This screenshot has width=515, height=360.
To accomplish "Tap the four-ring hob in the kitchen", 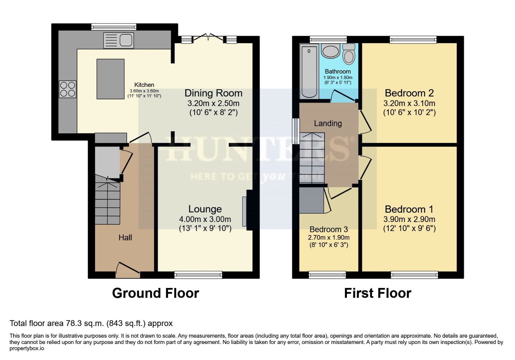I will pos(68,89).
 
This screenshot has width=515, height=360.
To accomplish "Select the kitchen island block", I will pos(110,79).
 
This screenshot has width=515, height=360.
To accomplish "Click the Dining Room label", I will pos(213,93).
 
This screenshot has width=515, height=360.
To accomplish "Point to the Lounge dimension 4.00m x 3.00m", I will pos(205,219).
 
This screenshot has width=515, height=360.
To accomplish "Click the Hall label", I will pos(125,238).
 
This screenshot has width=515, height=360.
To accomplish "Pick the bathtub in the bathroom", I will pos(309,71).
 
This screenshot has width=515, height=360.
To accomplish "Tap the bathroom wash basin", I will pos(331,51).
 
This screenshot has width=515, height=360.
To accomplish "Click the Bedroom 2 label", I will pos(409,93).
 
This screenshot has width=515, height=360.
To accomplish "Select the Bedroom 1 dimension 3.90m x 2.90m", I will pos(409,219).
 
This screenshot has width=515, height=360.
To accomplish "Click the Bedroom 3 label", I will pos(329,229).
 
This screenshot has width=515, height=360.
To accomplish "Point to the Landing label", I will pos(328,124).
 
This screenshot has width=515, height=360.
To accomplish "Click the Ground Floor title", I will pos(155,293).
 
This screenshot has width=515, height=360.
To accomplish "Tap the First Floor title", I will pos(378,293).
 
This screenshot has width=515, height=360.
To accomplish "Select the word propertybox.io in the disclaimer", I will pos(27,349).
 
